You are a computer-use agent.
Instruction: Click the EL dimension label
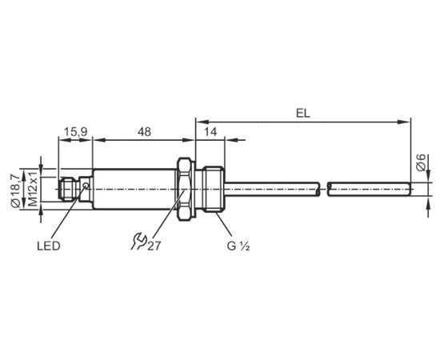tap(303, 114)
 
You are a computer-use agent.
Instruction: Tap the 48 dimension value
tap(144, 131)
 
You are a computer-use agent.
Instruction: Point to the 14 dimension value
tap(210, 131)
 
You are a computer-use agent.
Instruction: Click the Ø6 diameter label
tap(421, 162)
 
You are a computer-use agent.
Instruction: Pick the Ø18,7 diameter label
tap(15, 191)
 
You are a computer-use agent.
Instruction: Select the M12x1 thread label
tap(33, 189)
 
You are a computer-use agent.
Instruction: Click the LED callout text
tap(49, 246)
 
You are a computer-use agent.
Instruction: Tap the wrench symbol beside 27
tap(138, 242)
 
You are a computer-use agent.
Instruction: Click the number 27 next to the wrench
tap(154, 246)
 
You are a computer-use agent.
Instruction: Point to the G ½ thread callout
tap(238, 246)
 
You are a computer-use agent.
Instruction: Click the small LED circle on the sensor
tap(86, 186)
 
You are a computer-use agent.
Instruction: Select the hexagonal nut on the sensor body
tap(184, 190)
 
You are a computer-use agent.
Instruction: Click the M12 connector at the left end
tap(68, 189)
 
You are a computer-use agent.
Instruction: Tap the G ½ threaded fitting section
tap(214, 190)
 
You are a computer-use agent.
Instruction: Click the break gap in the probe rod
tap(323, 190)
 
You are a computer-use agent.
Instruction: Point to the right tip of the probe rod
tap(411, 190)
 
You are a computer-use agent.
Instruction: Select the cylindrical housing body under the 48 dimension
tap(134, 190)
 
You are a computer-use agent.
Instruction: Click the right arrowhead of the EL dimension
tap(404, 122)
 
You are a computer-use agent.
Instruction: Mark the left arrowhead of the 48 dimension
tap(99, 139)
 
